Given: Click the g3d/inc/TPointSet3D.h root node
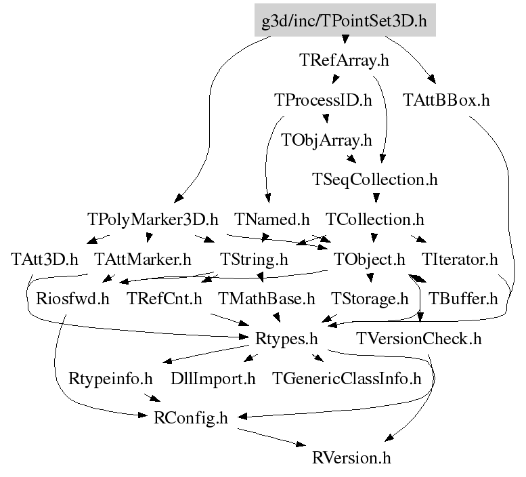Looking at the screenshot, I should click(345, 20).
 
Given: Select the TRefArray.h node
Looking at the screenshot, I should click(344, 60).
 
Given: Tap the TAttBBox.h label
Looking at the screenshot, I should click(446, 100).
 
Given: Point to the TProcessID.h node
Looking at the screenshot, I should click(323, 100).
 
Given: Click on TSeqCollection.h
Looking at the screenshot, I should click(374, 180).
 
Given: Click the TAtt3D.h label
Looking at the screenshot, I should click(45, 259).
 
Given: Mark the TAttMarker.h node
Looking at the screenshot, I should click(142, 259).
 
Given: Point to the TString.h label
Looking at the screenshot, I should click(255, 259).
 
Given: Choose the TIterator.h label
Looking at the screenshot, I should click(460, 259).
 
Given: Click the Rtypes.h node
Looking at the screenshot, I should click(286, 337).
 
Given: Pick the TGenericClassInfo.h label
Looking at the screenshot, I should click(346, 377).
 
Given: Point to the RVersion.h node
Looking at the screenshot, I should click(351, 457).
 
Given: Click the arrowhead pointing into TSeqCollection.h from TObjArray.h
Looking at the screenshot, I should click(351, 160).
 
